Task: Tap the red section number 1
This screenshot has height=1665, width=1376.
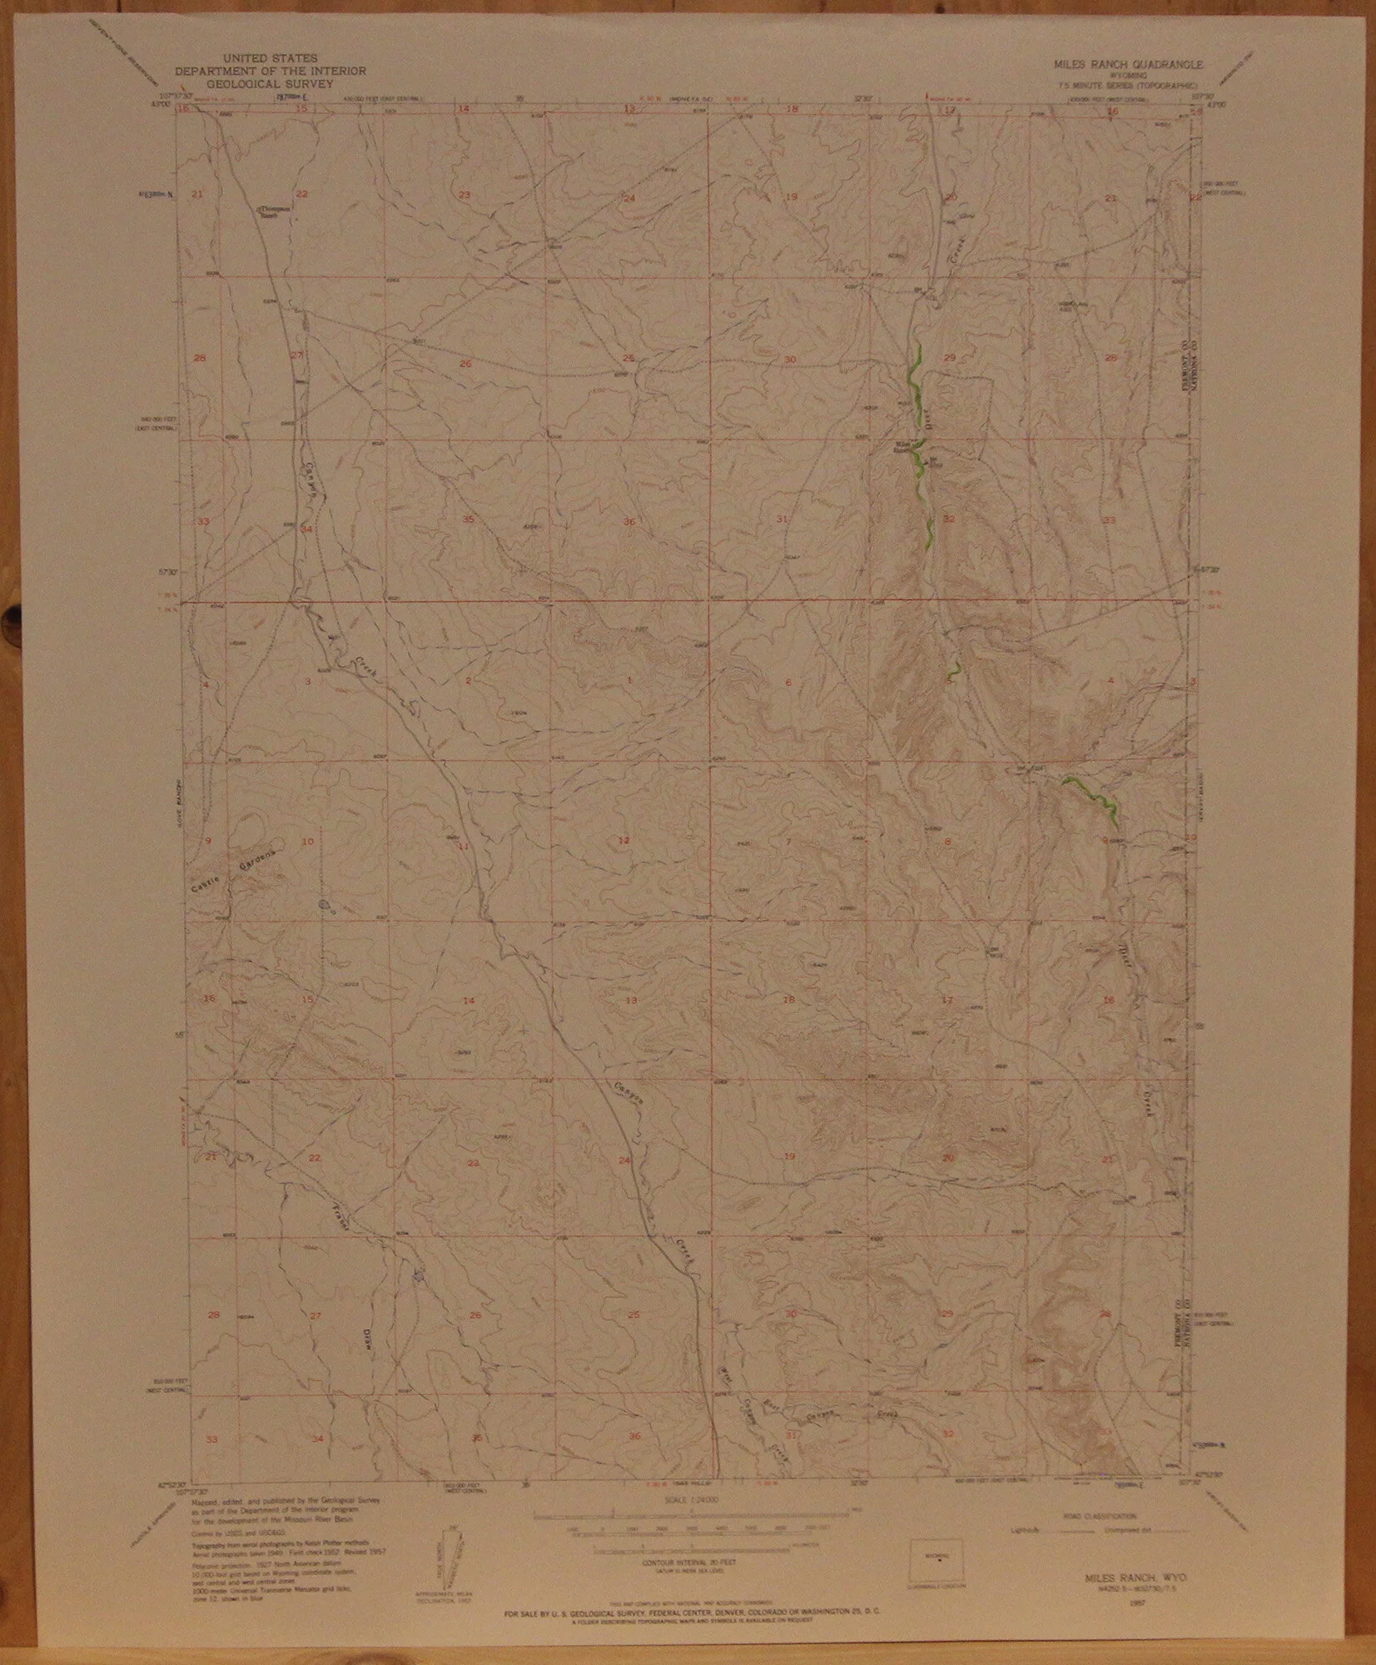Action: pos(629,681)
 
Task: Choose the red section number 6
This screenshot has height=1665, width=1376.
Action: pos(787,683)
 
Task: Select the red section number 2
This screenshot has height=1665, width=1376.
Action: pos(468,682)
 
